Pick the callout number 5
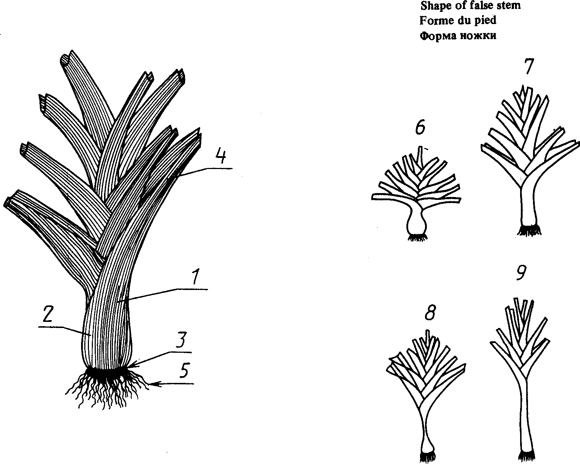184,371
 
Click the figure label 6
420,128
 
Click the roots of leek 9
526,456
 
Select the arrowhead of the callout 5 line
153,384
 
